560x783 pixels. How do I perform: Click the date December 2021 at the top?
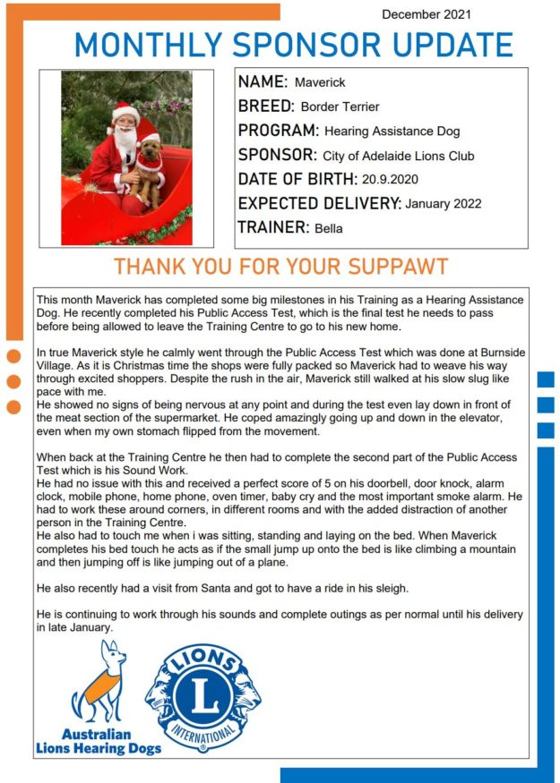tap(426, 14)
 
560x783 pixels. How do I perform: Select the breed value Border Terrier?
tap(340, 107)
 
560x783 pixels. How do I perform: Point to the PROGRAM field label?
tap(278, 131)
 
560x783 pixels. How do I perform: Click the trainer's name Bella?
tap(329, 228)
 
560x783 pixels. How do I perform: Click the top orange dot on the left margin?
tap(13, 357)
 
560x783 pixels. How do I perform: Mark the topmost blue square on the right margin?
tap(546, 379)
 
